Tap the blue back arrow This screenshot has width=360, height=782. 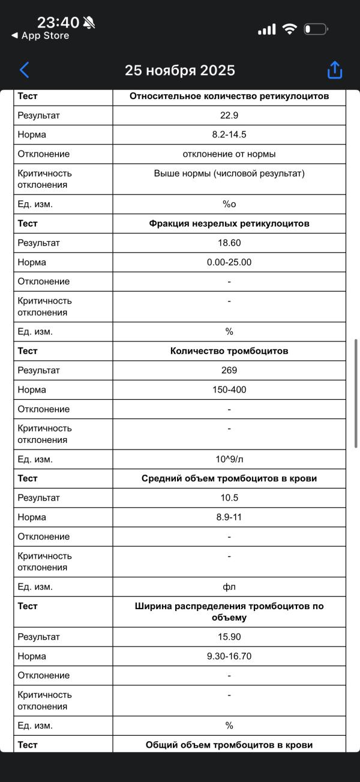coord(24,70)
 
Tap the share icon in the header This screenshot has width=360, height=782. coord(334,70)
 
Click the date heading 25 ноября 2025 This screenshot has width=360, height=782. coord(179,70)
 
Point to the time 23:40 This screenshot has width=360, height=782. coord(58,22)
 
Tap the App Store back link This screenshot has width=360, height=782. coord(40,36)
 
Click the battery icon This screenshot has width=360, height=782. coord(315,29)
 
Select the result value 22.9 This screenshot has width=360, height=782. coord(229,115)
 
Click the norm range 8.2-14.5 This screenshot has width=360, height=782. coord(229,134)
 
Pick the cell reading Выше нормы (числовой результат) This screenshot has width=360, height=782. coord(229,173)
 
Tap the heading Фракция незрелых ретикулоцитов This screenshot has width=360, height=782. coord(229,223)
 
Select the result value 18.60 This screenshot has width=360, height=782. coord(229,243)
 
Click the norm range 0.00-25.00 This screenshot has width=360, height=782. coord(229,262)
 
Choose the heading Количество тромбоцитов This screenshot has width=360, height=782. coord(229,351)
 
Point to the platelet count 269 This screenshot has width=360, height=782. coord(229,370)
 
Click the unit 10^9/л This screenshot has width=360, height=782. coord(229,459)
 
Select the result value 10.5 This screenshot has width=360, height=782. coord(229,498)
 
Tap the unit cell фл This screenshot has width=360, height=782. coord(229,586)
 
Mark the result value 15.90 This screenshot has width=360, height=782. coord(229,637)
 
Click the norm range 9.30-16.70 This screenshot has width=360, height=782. coord(229,656)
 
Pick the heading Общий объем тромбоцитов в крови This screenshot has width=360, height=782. coord(229,745)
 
